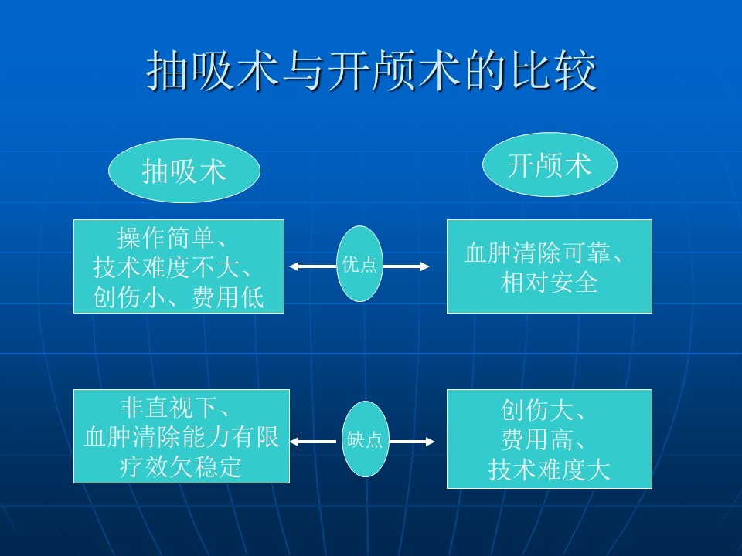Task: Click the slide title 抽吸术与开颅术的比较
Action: tap(371, 70)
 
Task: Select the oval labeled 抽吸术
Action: tap(185, 170)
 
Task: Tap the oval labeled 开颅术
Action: tap(550, 164)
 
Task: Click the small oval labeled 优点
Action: tap(359, 264)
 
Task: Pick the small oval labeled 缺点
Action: tap(366, 439)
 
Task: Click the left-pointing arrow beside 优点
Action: tap(313, 266)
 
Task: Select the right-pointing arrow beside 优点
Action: tap(406, 266)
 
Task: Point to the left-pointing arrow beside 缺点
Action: tap(315, 442)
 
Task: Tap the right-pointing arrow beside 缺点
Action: tap(411, 442)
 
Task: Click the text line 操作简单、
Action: tap(172, 239)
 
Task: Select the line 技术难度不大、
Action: tap(172, 268)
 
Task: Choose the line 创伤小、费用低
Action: tap(178, 297)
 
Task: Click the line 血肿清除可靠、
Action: tap(543, 253)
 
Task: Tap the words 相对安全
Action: tap(549, 283)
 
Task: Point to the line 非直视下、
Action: tap(175, 408)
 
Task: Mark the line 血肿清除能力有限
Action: tap(181, 437)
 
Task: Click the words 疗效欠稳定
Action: tap(180, 466)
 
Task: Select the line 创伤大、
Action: tap(543, 410)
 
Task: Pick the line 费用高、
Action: tap(543, 439)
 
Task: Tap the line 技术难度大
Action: tap(549, 470)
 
